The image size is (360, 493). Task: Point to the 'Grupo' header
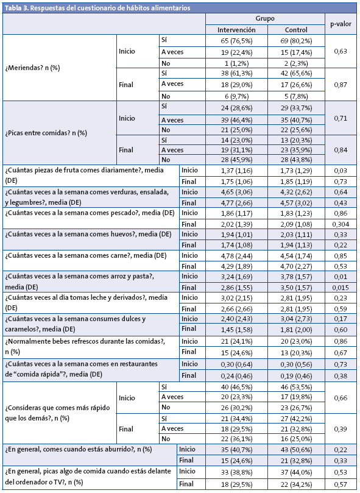[264, 18]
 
